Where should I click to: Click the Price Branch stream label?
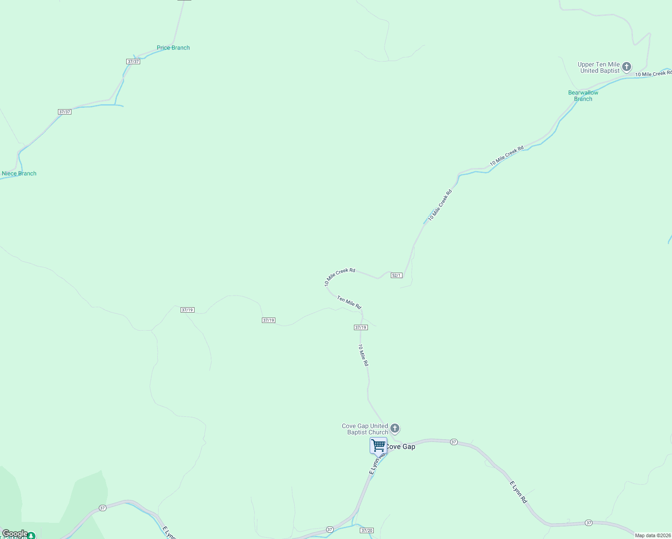click(173, 48)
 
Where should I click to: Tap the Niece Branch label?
click(19, 173)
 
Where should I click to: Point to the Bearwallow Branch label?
click(583, 96)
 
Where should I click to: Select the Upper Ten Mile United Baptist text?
click(599, 67)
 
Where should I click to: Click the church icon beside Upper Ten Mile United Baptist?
click(627, 67)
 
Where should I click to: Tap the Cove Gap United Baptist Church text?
click(365, 429)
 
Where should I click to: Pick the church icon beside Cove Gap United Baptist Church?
click(395, 428)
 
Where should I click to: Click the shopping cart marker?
click(378, 446)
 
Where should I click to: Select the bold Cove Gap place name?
click(401, 446)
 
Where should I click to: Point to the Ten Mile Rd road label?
click(349, 302)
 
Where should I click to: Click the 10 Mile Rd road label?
click(363, 355)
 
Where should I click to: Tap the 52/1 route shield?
click(396, 275)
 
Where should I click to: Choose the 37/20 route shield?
click(367, 530)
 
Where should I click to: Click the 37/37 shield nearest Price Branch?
click(133, 62)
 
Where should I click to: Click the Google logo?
click(15, 534)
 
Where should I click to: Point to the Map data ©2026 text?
click(653, 535)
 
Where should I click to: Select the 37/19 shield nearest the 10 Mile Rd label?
click(361, 327)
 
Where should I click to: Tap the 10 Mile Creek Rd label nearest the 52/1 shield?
click(340, 276)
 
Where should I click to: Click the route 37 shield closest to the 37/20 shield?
click(330, 530)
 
